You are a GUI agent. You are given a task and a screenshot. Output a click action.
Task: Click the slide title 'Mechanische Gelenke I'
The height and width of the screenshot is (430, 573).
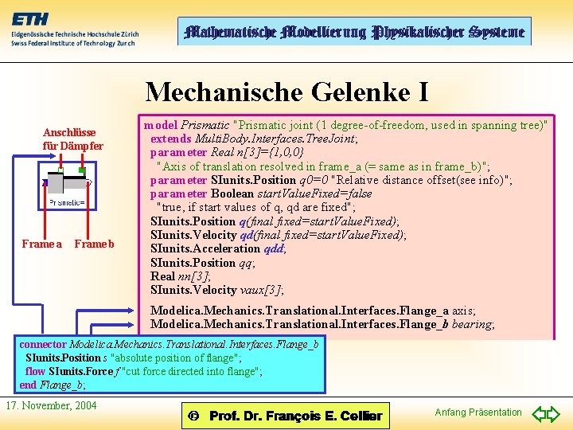click(286, 92)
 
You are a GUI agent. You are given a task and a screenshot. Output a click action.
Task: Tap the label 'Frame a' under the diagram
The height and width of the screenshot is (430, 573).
click(41, 244)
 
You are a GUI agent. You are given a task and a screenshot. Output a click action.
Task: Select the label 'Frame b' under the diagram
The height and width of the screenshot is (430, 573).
click(94, 244)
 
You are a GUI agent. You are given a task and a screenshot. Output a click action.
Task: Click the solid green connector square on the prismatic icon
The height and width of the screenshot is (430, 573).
click(83, 170)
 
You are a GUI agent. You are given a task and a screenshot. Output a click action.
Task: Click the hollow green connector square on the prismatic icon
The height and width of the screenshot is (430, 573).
click(60, 170)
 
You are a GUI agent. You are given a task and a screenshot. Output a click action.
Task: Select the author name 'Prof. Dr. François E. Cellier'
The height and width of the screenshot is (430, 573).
click(295, 416)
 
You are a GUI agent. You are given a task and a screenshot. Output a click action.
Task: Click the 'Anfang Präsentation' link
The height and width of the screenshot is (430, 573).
click(478, 412)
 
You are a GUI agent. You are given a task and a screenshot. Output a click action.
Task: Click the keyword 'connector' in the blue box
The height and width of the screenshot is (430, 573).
click(43, 345)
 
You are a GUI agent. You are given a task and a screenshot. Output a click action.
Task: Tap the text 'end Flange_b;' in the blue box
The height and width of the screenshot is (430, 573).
click(53, 385)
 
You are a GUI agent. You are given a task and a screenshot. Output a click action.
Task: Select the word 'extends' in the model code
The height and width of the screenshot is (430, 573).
click(171, 139)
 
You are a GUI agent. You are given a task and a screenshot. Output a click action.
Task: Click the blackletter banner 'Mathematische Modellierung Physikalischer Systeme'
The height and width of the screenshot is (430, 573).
click(354, 32)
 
